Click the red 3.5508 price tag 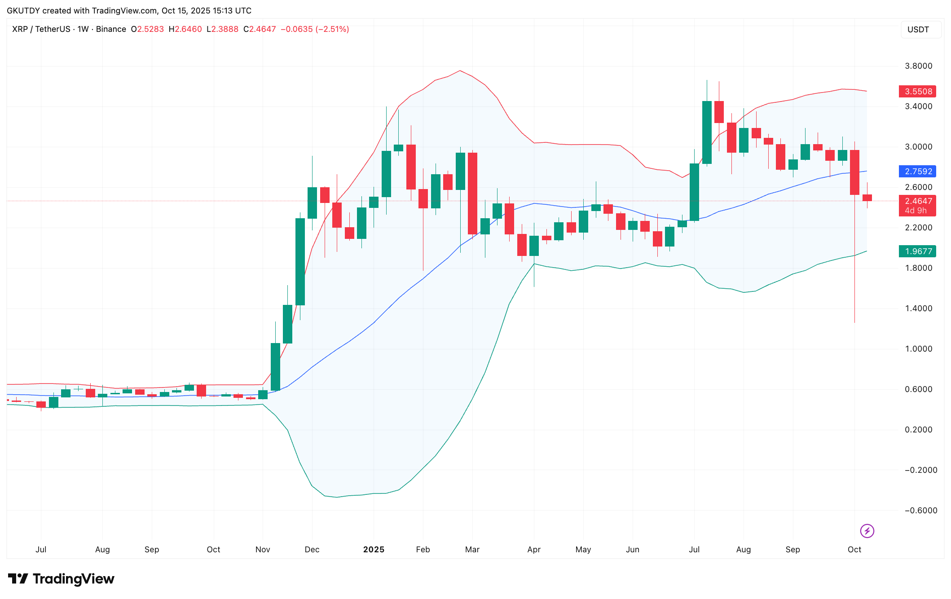917,92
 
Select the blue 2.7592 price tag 917,172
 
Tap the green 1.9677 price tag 917,251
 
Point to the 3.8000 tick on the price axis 918,66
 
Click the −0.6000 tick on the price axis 920,511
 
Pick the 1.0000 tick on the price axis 918,349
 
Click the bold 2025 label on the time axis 374,550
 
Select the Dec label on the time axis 312,550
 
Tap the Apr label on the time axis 534,550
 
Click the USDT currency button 918,30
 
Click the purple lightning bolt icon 867,531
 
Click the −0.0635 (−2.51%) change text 315,29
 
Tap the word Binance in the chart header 111,29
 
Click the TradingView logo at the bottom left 62,579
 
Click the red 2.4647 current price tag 917,202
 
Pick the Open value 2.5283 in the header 150,29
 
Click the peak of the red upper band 460,70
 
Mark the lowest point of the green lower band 337,497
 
